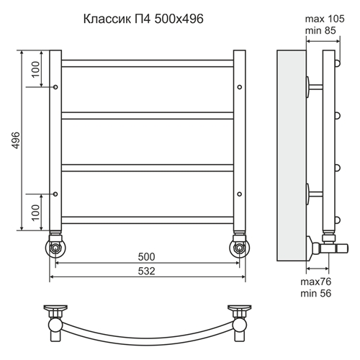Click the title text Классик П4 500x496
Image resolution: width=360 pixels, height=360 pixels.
coord(143,19)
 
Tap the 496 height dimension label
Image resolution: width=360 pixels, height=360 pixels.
coord(16,140)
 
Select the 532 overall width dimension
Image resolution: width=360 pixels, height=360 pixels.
coord(146,271)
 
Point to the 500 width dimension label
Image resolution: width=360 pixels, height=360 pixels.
coord(146,257)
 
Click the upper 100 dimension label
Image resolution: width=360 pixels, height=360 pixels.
coord(35,69)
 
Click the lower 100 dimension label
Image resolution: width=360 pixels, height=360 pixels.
coord(35,212)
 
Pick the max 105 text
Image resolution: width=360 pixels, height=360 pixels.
coord(325,19)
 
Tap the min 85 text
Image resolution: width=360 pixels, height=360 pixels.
coord(320,31)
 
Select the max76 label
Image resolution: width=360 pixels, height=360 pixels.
coord(315,282)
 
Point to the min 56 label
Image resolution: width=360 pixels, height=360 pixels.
coord(315,293)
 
